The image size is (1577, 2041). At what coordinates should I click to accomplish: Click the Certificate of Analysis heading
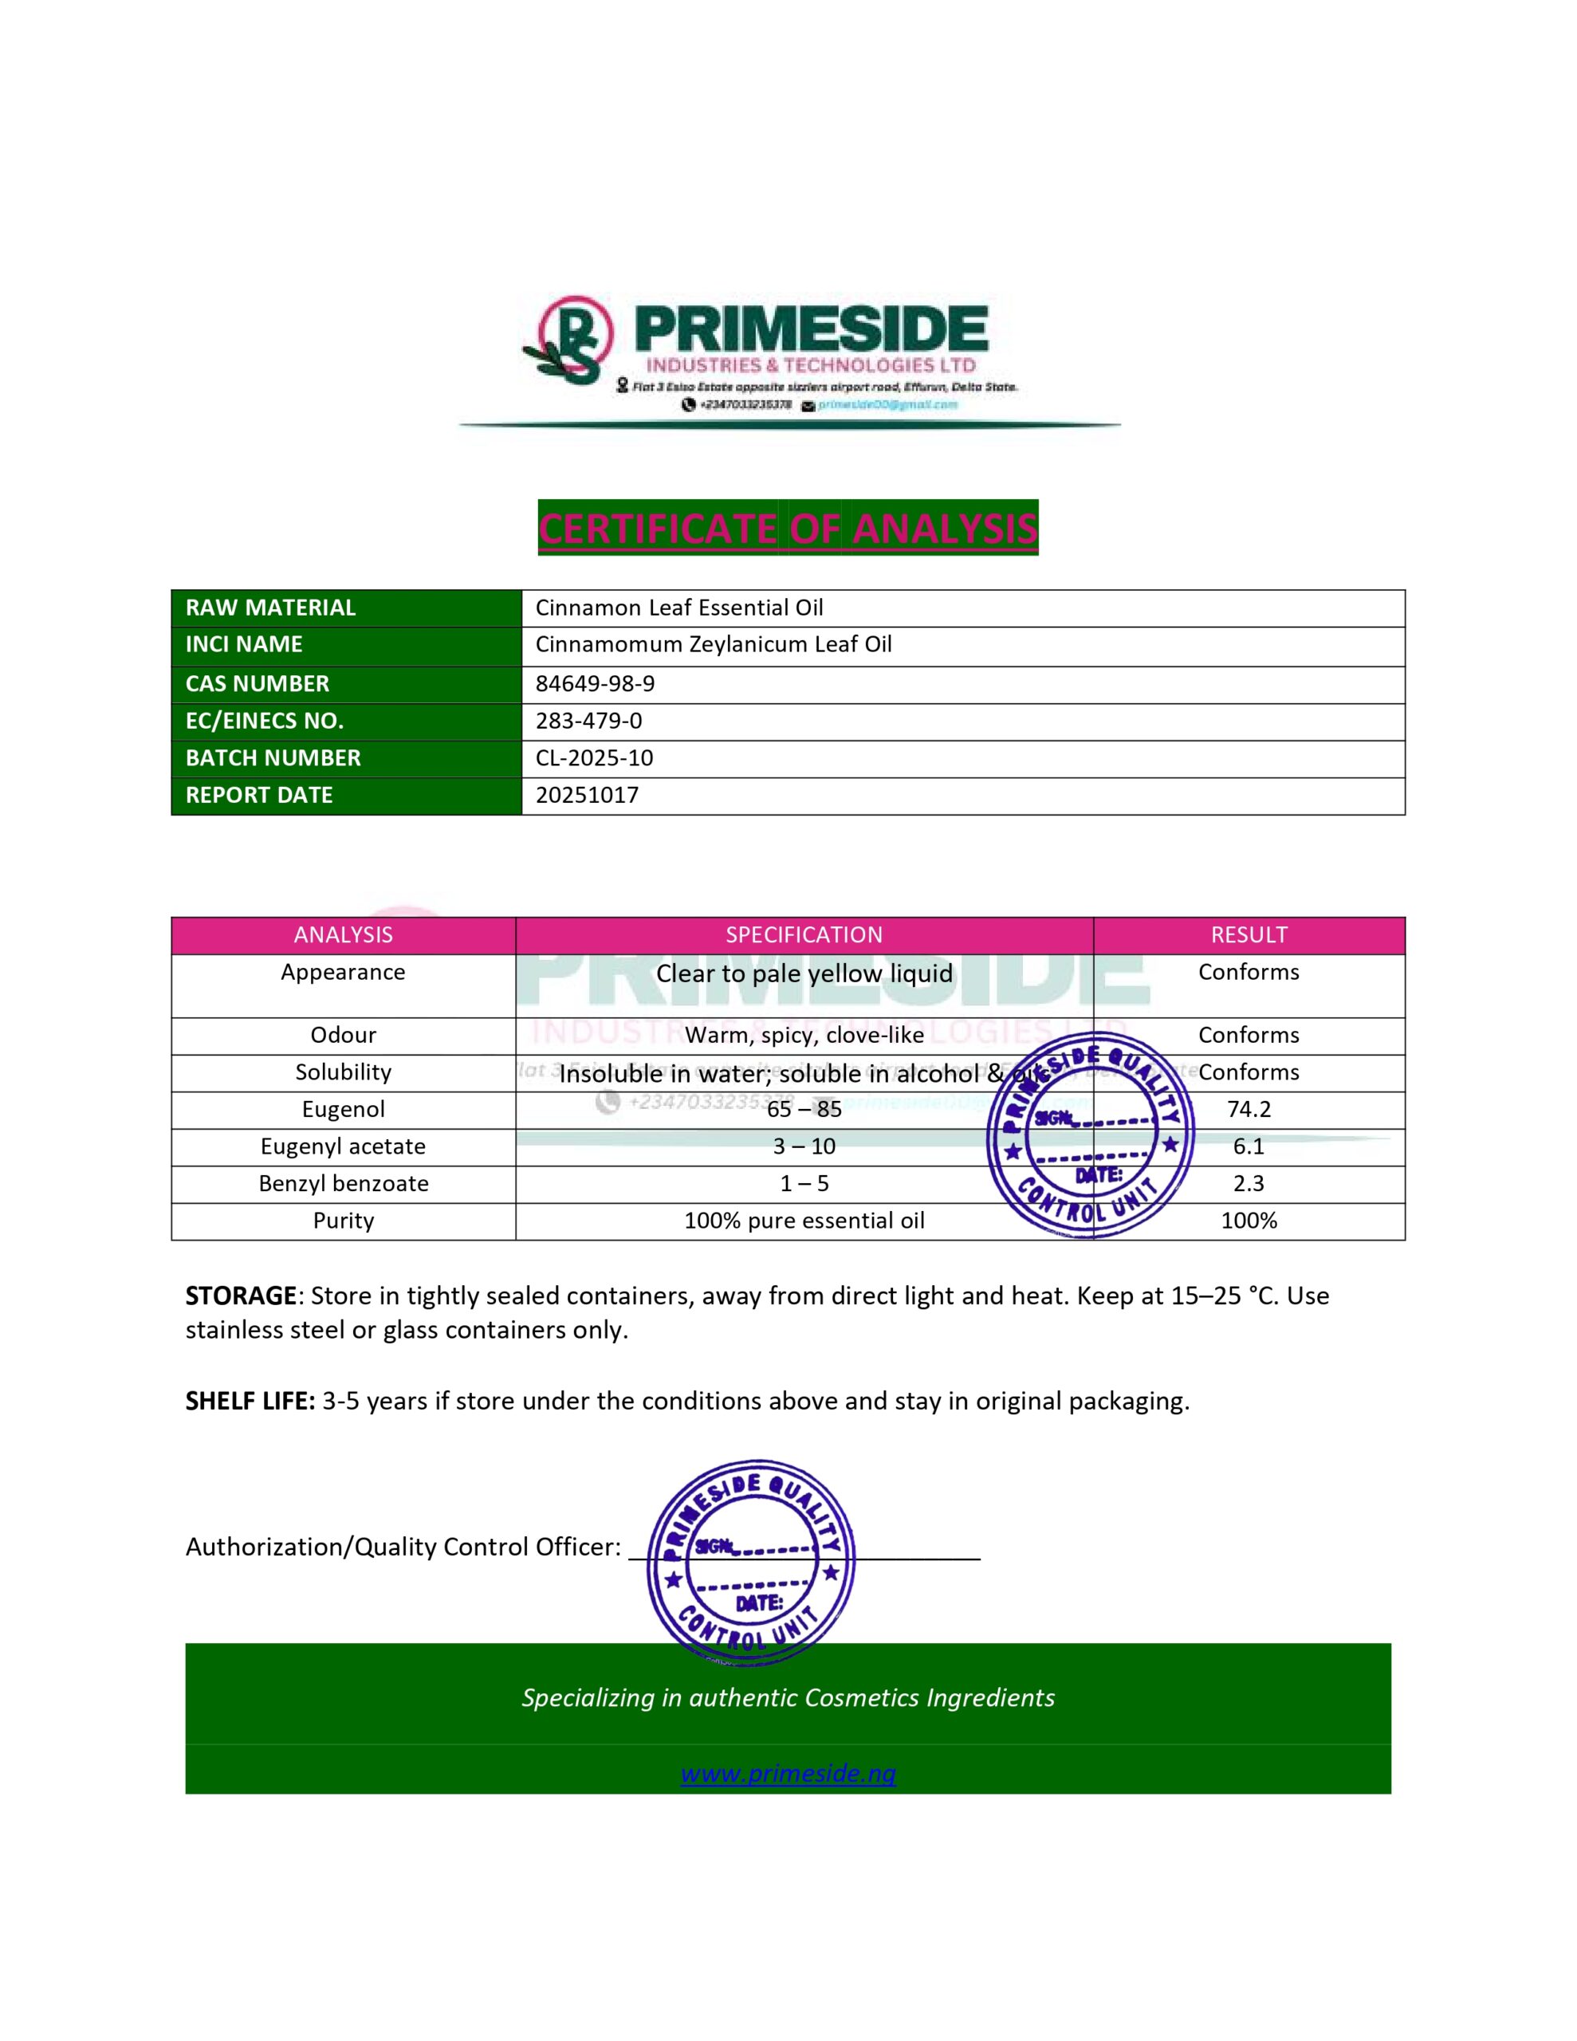tap(787, 528)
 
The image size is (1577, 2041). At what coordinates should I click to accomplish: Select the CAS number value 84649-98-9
tap(595, 684)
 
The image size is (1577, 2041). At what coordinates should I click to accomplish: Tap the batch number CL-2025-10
tap(594, 758)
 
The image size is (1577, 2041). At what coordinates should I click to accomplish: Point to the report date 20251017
tap(587, 796)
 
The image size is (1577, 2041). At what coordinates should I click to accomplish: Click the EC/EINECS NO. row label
tap(265, 722)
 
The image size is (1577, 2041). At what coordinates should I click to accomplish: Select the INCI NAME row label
tap(244, 645)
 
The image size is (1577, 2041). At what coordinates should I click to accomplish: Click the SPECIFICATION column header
tap(804, 935)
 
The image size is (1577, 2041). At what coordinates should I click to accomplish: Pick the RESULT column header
tap(1248, 935)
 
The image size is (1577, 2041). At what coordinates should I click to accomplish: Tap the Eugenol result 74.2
tap(1248, 1109)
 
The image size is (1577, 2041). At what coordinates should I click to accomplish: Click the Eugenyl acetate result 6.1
tap(1248, 1146)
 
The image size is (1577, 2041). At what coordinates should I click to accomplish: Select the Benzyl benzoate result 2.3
tap(1248, 1184)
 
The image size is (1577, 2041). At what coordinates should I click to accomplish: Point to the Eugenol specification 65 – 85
tap(804, 1109)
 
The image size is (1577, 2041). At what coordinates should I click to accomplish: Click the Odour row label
tap(343, 1036)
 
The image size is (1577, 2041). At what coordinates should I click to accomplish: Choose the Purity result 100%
tap(1248, 1221)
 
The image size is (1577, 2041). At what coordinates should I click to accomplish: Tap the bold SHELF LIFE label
tap(250, 1401)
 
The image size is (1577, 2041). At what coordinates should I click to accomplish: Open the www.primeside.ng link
tap(788, 1773)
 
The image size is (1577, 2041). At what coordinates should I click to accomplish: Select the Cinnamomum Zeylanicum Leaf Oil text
tap(714, 645)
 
